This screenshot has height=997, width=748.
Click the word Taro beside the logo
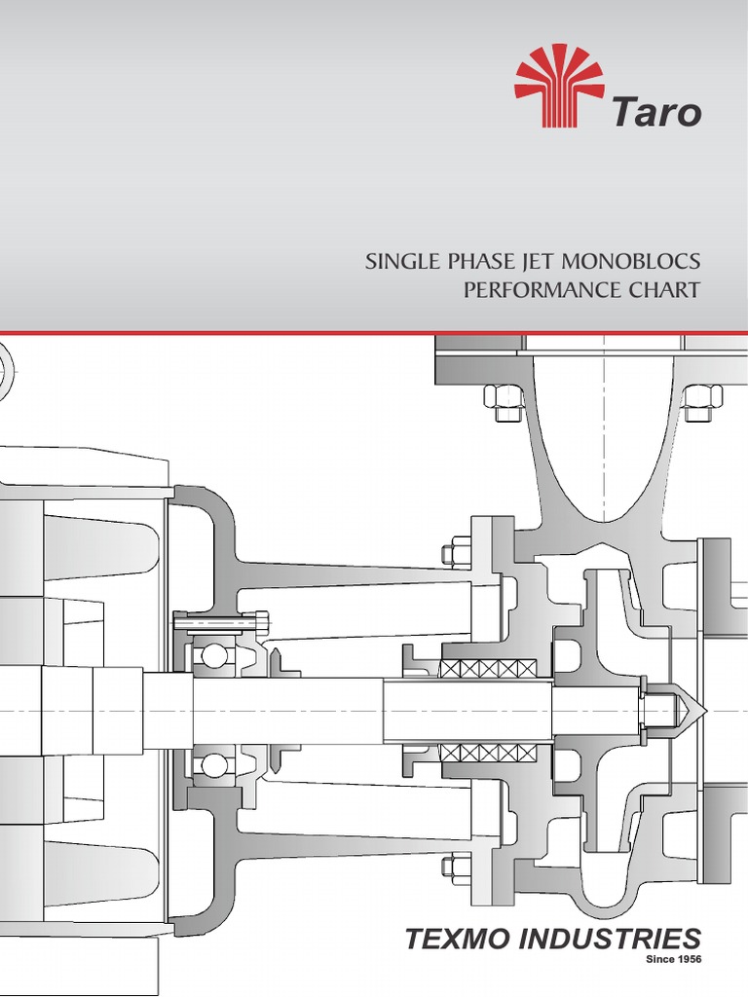656,112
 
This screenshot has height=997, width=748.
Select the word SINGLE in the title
398,263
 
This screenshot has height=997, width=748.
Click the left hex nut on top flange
505,400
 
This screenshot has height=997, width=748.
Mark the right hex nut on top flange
701,400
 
